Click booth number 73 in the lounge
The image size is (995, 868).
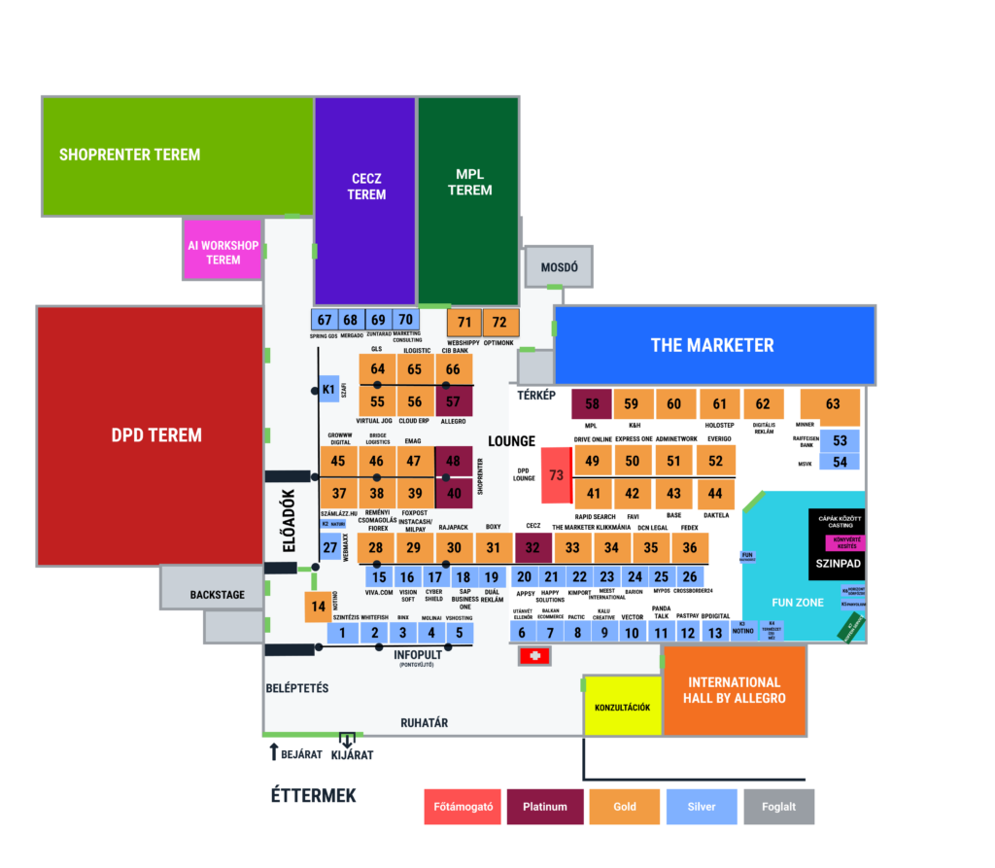tap(556, 475)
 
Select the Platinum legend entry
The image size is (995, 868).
tap(544, 806)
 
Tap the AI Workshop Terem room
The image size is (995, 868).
tap(223, 253)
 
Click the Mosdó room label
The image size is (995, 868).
tap(558, 266)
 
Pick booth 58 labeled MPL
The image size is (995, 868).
tap(592, 403)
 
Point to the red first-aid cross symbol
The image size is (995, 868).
tap(533, 657)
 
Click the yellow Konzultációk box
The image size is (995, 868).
tap(622, 707)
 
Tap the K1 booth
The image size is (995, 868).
tap(328, 390)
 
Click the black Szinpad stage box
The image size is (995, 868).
tap(836, 562)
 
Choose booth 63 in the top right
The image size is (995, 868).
tap(832, 404)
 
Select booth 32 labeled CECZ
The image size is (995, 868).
tap(532, 548)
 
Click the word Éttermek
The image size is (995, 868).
tap(313, 796)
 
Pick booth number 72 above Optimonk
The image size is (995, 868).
tap(499, 322)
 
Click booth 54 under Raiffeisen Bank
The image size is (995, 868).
tap(840, 461)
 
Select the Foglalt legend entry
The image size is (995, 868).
tap(779, 806)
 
